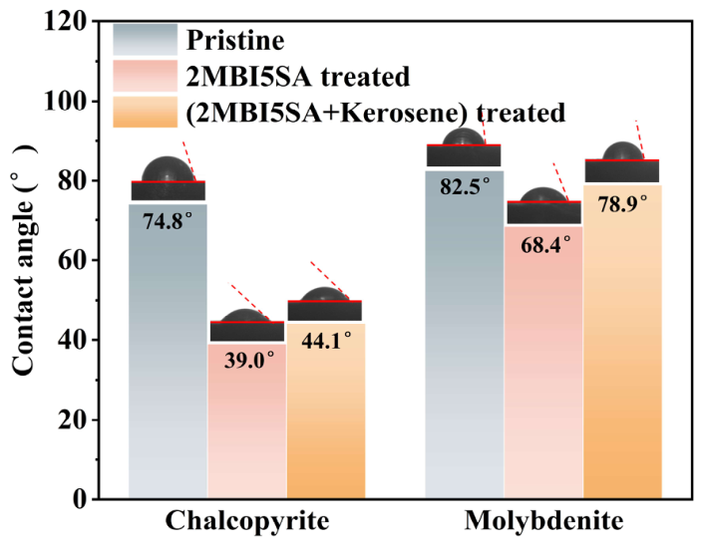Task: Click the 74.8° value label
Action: click(x=168, y=221)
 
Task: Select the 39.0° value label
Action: click(x=249, y=360)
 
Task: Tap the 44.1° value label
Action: click(x=326, y=341)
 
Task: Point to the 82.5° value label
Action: click(x=465, y=186)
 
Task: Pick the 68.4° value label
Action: click(x=545, y=245)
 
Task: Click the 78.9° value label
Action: click(x=623, y=203)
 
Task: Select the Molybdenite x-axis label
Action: click(x=543, y=521)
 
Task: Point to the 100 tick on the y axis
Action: click(x=65, y=102)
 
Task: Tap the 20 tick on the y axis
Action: click(x=72, y=419)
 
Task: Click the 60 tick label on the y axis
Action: click(x=72, y=261)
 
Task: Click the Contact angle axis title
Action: click(x=23, y=260)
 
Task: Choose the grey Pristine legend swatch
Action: click(x=146, y=40)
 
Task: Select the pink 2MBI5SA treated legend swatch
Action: click(x=146, y=76)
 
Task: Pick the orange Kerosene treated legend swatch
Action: click(x=146, y=112)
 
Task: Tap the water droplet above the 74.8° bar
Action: click(x=169, y=169)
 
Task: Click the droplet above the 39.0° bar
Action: click(x=245, y=315)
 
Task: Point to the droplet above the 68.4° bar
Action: click(x=542, y=195)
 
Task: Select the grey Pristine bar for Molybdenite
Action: click(x=465, y=334)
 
